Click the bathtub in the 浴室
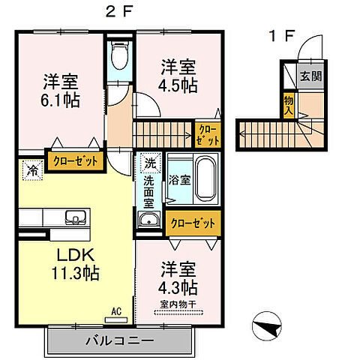point(203,181)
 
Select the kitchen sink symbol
point(75,218)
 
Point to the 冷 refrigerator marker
point(33,169)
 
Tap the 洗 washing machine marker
point(149,162)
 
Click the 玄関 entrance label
point(309,76)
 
